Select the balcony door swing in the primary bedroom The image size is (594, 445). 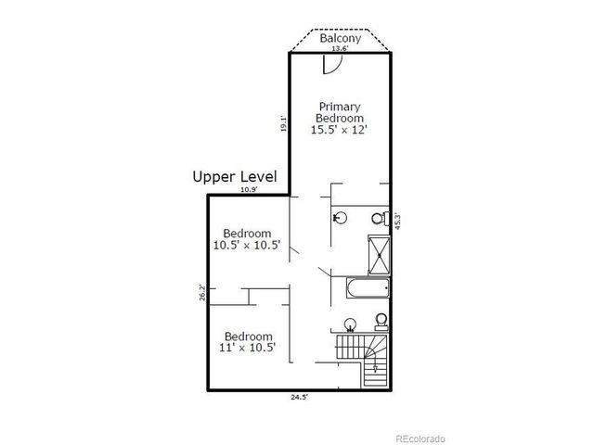click(x=332, y=64)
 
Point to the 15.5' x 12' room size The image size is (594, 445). click(x=340, y=131)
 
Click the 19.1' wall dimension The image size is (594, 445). click(x=283, y=123)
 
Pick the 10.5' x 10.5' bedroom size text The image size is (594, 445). click(x=247, y=246)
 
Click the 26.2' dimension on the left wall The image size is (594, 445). click(x=201, y=293)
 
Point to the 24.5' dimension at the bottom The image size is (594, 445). click(x=297, y=398)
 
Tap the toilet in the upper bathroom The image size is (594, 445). click(x=379, y=219)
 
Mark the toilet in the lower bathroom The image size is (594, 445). click(x=381, y=321)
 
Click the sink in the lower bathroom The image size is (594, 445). click(x=351, y=324)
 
